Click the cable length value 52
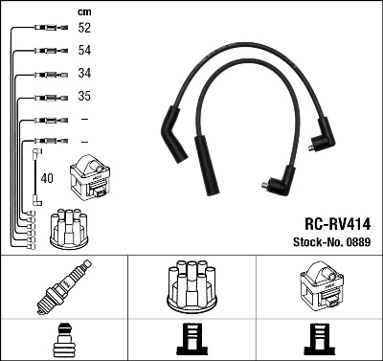click(x=83, y=29)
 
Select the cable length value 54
click(x=83, y=51)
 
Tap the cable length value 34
click(x=83, y=74)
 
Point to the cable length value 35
click(x=83, y=97)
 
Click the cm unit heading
click(x=83, y=11)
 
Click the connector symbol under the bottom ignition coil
click(x=320, y=340)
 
